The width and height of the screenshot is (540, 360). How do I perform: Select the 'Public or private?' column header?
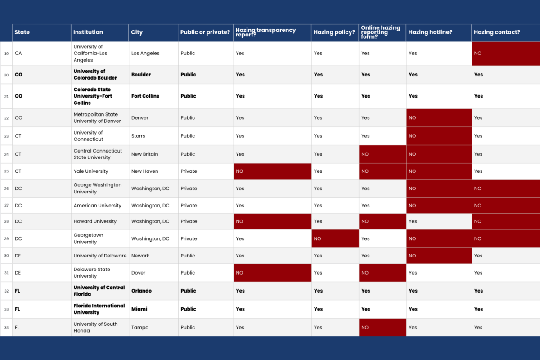[x=205, y=32]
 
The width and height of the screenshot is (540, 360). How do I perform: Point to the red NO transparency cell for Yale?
[x=272, y=171]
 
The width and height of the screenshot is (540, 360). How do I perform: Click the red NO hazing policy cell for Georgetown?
[x=335, y=238]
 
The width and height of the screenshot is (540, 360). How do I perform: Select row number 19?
[x=6, y=54]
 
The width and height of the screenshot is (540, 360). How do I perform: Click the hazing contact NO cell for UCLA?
[x=505, y=54]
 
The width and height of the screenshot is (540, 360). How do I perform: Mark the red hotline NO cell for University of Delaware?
[x=439, y=256]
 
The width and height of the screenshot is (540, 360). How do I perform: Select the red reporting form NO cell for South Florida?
[x=382, y=327]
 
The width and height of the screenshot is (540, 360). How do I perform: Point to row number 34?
[x=6, y=328]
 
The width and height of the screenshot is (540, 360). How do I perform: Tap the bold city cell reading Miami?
[x=139, y=309]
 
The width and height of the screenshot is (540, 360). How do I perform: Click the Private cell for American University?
[x=189, y=206]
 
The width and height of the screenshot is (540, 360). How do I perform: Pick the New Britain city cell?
[x=144, y=154]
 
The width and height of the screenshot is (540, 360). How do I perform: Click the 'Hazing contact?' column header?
[x=497, y=32]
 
